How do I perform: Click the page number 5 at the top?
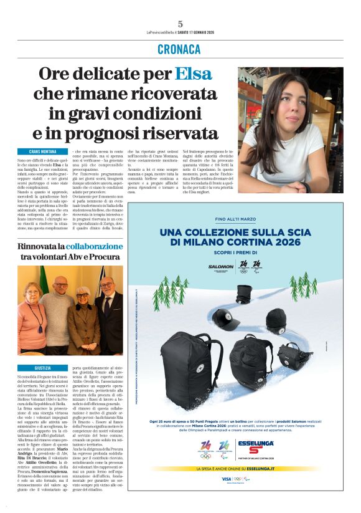click(x=180, y=23)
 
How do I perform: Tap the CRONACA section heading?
click(x=179, y=49)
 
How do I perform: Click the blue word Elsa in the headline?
click(x=193, y=74)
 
